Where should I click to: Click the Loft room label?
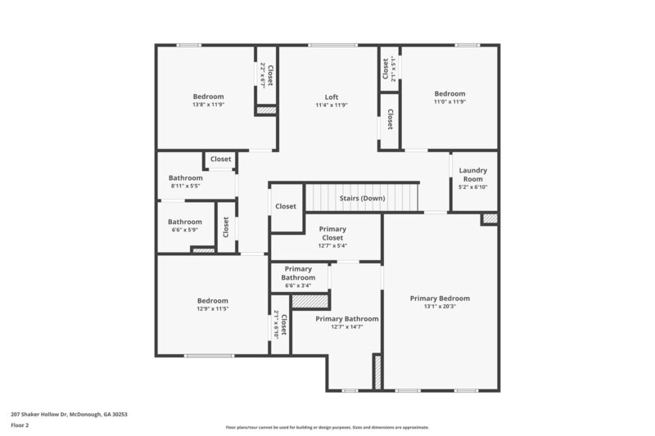click(332, 97)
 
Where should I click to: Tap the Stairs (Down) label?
click(362, 198)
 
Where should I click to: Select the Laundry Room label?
click(473, 174)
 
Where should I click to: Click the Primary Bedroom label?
click(440, 299)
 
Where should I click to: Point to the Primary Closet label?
click(332, 233)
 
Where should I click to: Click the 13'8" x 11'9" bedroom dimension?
click(208, 105)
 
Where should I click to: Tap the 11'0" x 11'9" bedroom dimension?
click(449, 102)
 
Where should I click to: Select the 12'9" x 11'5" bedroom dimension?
click(213, 309)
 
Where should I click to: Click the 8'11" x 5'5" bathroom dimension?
click(186, 187)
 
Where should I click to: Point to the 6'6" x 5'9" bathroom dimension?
click(185, 230)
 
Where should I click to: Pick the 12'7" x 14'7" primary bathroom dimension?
click(347, 327)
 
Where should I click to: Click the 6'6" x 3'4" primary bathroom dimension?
click(299, 285)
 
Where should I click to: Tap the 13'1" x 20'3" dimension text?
click(440, 308)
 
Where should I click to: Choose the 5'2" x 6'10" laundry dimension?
click(473, 187)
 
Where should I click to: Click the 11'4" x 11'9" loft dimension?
click(332, 105)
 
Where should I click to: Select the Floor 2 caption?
click(20, 425)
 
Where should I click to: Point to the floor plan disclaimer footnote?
click(327, 427)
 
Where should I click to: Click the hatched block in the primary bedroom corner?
click(489, 218)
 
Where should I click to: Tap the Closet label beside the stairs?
click(286, 206)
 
